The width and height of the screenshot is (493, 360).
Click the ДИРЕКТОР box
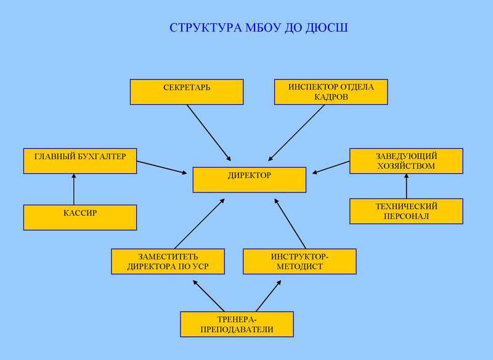(249, 179)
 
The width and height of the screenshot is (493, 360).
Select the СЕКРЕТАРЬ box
(186, 91)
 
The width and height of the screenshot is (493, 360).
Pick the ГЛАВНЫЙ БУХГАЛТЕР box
(79, 160)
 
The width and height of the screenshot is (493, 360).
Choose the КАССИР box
(79, 217)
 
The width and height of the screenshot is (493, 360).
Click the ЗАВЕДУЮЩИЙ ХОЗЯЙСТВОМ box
(405, 161)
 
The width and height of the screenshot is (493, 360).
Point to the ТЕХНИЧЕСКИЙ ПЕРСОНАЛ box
(405, 211)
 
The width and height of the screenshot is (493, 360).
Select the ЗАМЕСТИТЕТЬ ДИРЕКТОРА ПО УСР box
(167, 261)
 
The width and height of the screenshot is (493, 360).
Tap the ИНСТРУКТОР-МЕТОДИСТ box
(299, 261)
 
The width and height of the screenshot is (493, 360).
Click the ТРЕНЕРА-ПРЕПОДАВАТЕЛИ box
(237, 324)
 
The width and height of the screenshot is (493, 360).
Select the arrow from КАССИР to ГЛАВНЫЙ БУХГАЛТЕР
(73, 189)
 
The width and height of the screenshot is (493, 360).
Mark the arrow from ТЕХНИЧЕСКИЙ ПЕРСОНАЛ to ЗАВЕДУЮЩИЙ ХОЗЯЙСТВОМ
(406, 186)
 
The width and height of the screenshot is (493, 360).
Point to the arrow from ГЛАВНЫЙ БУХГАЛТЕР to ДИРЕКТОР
(161, 167)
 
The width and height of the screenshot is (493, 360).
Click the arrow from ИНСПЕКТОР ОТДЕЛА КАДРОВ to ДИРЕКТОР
(296, 133)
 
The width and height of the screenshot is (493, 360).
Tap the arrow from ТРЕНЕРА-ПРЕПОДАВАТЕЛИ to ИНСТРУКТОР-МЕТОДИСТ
(269, 295)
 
